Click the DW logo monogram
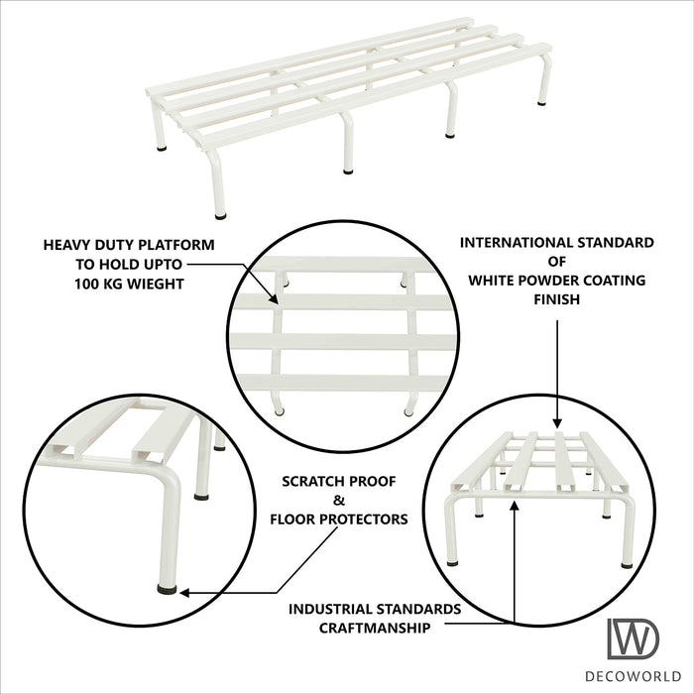point(633,639)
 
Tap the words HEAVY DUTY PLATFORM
point(128,244)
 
